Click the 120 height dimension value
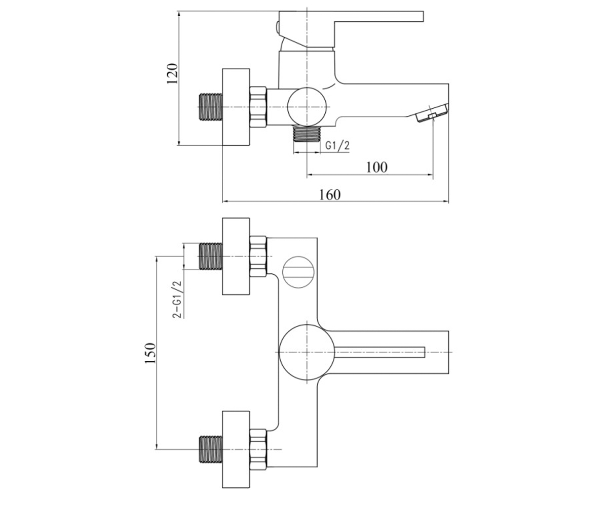pyautogui.click(x=172, y=73)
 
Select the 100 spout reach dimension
pyautogui.click(x=376, y=167)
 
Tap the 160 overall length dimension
pyautogui.click(x=330, y=194)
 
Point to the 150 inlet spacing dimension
pyautogui.click(x=150, y=353)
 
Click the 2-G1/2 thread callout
pyautogui.click(x=177, y=299)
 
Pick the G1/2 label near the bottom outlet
pyautogui.click(x=337, y=145)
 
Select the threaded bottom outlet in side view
pyautogui.click(x=307, y=134)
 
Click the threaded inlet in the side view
pyautogui.click(x=210, y=107)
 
